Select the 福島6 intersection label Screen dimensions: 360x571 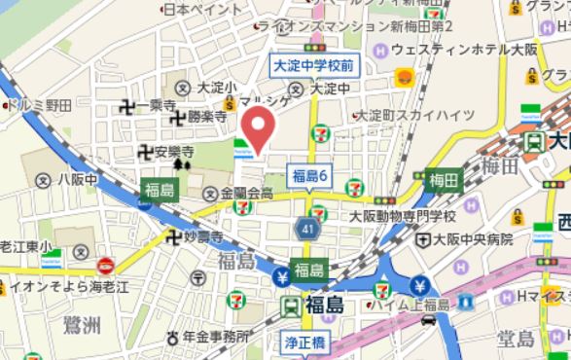click(x=311, y=175)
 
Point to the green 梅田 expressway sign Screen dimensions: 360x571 click(x=443, y=180)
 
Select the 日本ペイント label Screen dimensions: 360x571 click(x=201, y=9)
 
